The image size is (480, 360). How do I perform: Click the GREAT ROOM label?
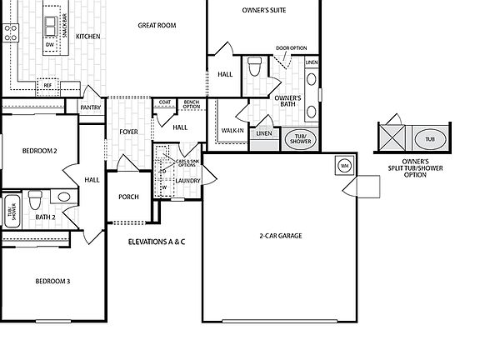(x=157, y=26)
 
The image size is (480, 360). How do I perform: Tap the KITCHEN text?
(x=88, y=37)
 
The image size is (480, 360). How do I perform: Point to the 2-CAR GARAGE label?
(x=280, y=236)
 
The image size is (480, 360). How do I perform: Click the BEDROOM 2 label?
(x=39, y=151)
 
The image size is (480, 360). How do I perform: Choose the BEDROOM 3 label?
(x=52, y=282)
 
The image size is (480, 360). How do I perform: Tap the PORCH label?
(x=129, y=197)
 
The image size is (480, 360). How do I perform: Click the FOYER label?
(x=128, y=132)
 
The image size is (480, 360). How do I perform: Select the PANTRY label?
(x=90, y=107)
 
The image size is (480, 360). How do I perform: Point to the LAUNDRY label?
(x=187, y=180)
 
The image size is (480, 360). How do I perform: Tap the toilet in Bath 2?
(x=35, y=201)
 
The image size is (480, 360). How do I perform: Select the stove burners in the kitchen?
(x=10, y=32)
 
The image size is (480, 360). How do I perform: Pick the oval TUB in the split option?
(x=430, y=138)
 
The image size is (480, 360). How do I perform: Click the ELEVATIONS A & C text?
(x=157, y=242)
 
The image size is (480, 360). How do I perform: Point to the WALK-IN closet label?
(x=232, y=130)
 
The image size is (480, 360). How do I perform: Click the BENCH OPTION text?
(x=192, y=105)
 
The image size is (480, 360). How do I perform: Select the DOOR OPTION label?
(x=291, y=48)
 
